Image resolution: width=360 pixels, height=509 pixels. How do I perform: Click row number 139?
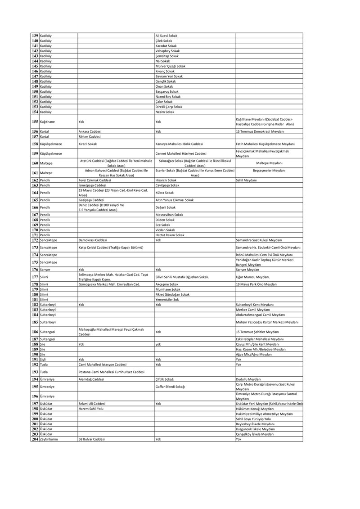pyautogui.click(x=35, y=35)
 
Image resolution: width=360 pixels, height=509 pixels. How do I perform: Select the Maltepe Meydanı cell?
pyautogui.click(x=269, y=163)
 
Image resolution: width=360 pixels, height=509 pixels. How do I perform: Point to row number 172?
pyautogui.click(x=35, y=240)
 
